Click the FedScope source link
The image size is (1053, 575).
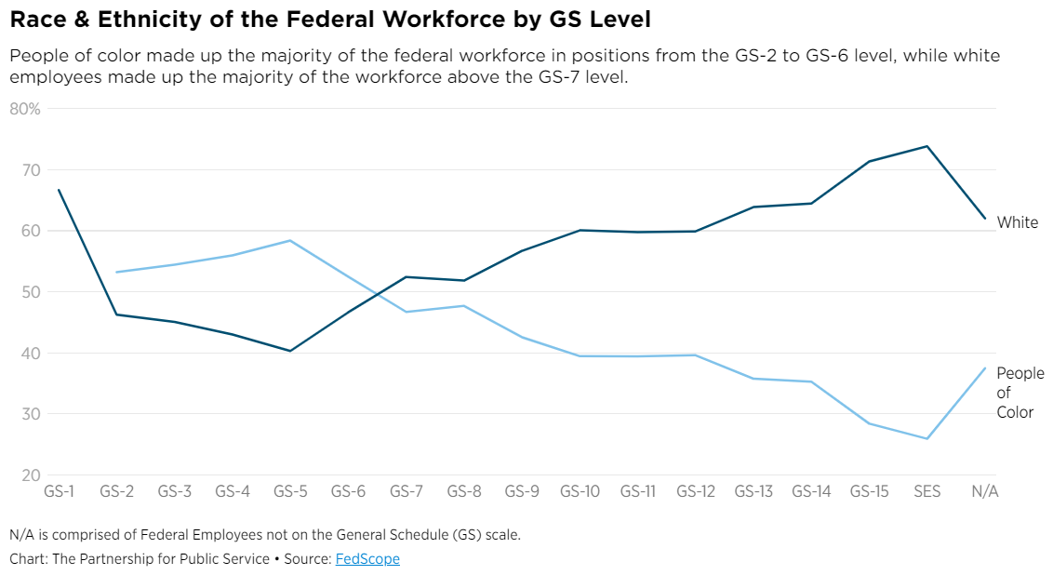point(367,559)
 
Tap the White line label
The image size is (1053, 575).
point(1017,222)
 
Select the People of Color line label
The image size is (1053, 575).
point(1020,393)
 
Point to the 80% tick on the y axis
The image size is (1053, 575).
point(25,109)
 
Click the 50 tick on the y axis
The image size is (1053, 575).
point(33,292)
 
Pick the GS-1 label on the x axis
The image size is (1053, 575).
point(59,491)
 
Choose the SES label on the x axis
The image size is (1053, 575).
point(926,491)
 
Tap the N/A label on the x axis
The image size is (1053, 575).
point(984,491)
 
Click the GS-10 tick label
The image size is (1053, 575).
point(580,491)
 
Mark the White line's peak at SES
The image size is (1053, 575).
point(926,146)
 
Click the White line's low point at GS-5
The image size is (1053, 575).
point(290,351)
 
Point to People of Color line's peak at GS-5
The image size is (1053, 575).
point(290,240)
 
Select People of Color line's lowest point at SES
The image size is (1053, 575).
point(926,439)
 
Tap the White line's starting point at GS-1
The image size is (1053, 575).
point(59,190)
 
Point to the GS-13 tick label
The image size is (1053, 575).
point(753,491)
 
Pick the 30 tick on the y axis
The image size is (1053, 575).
point(33,414)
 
